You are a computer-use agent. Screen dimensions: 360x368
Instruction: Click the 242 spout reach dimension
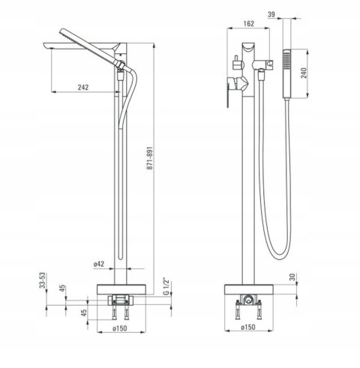tap(83, 88)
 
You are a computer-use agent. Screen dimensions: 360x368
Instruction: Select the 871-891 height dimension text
tap(149, 158)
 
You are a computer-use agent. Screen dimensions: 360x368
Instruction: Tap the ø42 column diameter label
tap(99, 264)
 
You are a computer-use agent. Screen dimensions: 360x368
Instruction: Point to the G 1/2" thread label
tap(166, 286)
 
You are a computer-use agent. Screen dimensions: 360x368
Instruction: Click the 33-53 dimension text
tap(43, 280)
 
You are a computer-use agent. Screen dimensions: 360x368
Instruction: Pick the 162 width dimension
tap(248, 24)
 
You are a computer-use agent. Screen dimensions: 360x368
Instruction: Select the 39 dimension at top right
tap(271, 14)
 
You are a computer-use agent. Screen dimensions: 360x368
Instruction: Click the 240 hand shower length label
tap(304, 73)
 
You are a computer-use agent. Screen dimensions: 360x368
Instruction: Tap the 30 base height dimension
tap(292, 277)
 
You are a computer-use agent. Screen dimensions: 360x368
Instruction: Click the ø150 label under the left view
tap(120, 328)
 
